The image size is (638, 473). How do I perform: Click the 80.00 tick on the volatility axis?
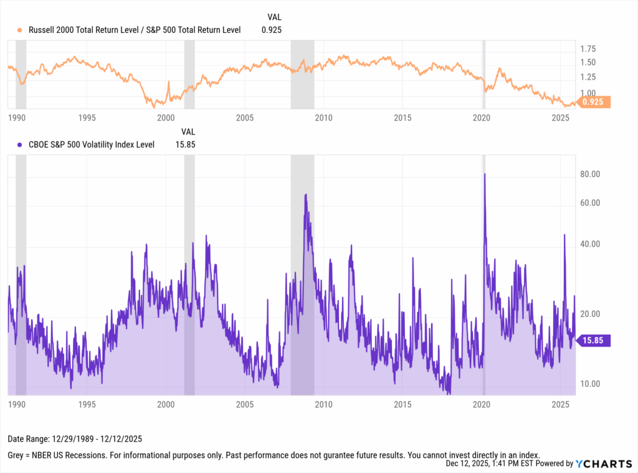pos(589,174)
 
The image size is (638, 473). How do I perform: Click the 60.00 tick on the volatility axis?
pos(589,203)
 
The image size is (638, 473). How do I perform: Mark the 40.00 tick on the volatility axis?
pos(589,244)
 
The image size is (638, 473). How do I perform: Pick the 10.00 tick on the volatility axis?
pos(589,384)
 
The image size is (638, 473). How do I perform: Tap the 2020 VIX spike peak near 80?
pos(484,174)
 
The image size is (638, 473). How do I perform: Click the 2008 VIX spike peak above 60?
pos(305,194)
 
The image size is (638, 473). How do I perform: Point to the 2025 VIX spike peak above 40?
pos(564,235)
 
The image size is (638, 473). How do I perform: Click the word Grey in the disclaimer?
pos(17,454)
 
